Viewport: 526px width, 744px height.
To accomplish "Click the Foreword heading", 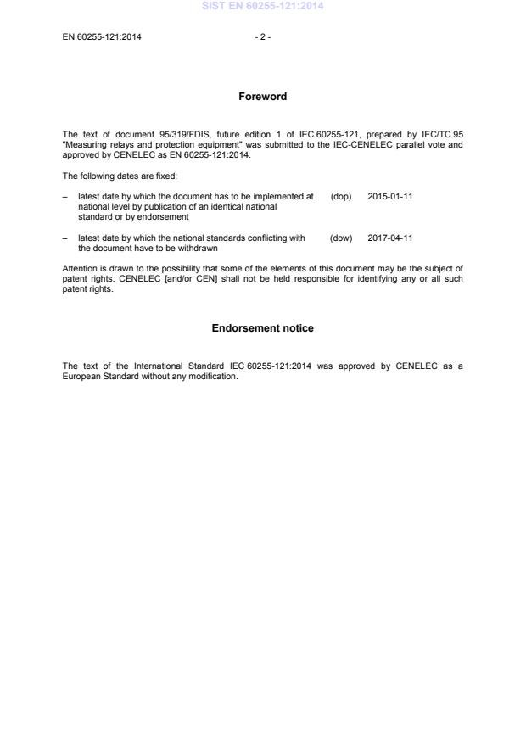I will click(263, 97).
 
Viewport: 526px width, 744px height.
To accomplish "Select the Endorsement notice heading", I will click(263, 328).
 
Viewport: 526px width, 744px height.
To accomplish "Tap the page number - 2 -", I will click(263, 36).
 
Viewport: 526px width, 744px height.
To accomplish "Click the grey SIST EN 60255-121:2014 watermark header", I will click(263, 7).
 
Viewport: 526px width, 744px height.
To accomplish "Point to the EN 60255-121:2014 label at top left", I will click(102, 36).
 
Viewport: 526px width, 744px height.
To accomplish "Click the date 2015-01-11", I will click(390, 196).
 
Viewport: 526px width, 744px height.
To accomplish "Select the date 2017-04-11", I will click(390, 238).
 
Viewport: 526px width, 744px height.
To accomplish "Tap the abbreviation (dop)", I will click(341, 196).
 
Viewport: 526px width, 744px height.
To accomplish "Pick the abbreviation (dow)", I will click(341, 238).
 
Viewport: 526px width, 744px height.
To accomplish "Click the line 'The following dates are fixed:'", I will click(114, 176).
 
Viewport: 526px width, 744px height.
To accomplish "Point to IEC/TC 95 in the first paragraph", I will click(442, 135).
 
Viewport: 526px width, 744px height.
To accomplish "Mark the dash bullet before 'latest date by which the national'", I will click(65, 238).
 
